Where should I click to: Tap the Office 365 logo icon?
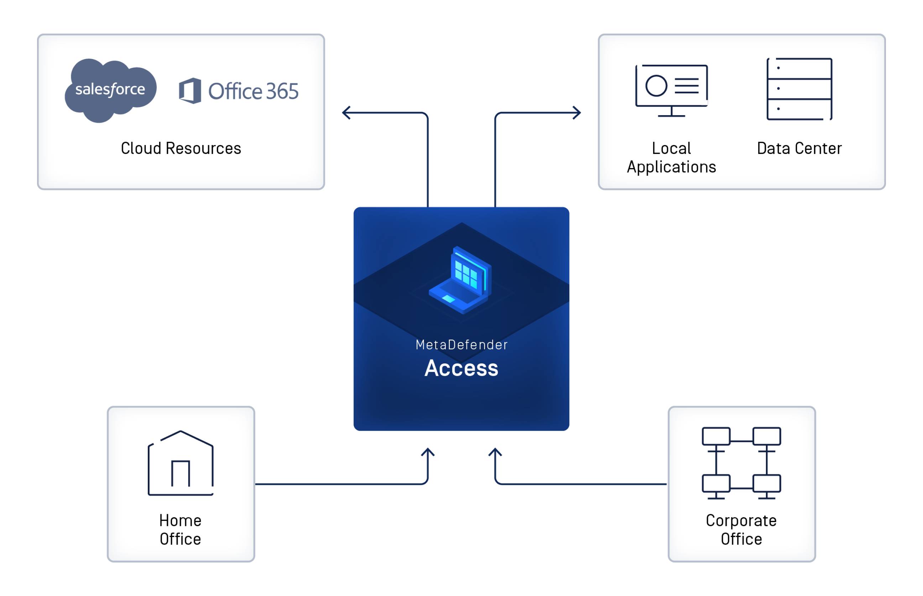coord(190,91)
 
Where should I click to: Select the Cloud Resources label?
coord(181,149)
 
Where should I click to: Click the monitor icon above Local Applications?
coord(671,90)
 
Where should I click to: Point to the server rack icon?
coord(799,89)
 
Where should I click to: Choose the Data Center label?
coord(799,149)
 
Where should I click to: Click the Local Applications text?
coord(671,158)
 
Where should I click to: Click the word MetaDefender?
coord(461,345)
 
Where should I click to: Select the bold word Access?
coord(461,368)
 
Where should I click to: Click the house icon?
coord(181,463)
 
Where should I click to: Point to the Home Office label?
coord(181,530)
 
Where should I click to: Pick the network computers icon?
coord(741,463)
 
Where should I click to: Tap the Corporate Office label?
coord(741,530)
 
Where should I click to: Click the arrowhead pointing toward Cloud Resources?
coord(346,113)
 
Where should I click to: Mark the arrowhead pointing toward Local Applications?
coord(577,113)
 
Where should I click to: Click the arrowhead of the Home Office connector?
coord(428,452)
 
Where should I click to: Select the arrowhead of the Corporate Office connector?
coord(495,452)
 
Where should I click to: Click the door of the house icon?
coord(181,474)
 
